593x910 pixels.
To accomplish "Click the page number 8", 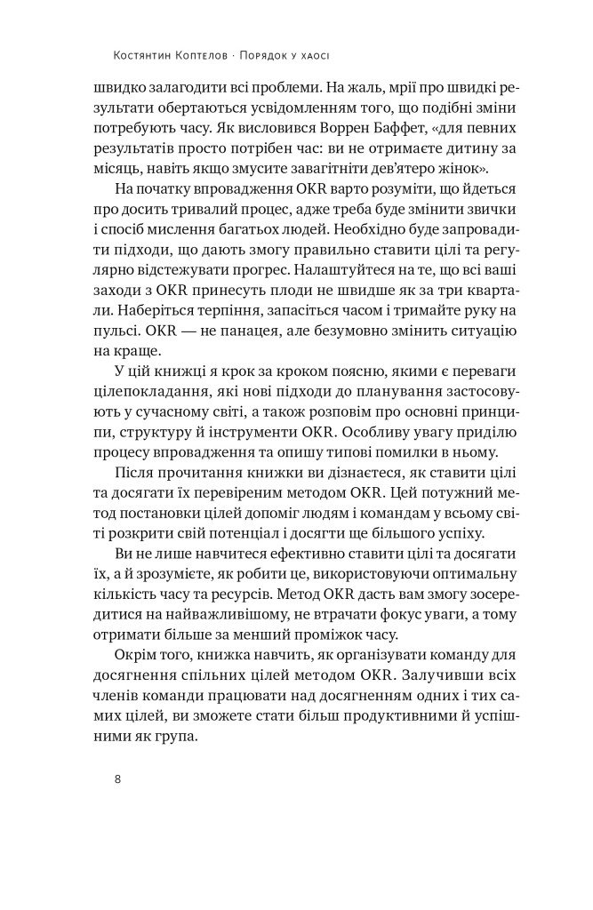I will (x=117, y=781).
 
